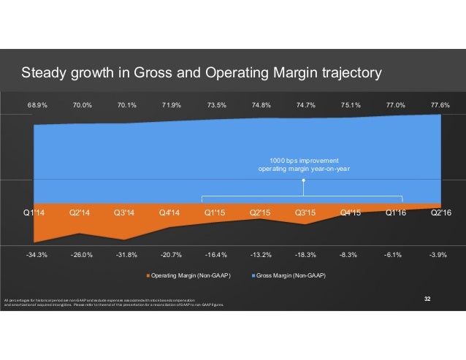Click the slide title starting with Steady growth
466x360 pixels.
pyautogui.click(x=201, y=73)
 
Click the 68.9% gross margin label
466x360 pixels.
pyautogui.click(x=37, y=105)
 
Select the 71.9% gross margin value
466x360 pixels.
pyautogui.click(x=172, y=105)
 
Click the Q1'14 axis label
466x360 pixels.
pyautogui.click(x=34, y=212)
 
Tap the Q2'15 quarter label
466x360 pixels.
pyautogui.click(x=261, y=212)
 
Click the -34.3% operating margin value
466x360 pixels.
pyautogui.click(x=37, y=255)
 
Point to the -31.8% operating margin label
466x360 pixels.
pyautogui.click(x=126, y=255)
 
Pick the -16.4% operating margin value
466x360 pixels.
pyautogui.click(x=216, y=255)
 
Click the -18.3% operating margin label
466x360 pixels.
pyautogui.click(x=305, y=255)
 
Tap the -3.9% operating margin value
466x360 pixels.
pyautogui.click(x=440, y=255)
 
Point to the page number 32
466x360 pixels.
pyautogui.click(x=428, y=299)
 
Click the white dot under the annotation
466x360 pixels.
pyautogui.click(x=303, y=184)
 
